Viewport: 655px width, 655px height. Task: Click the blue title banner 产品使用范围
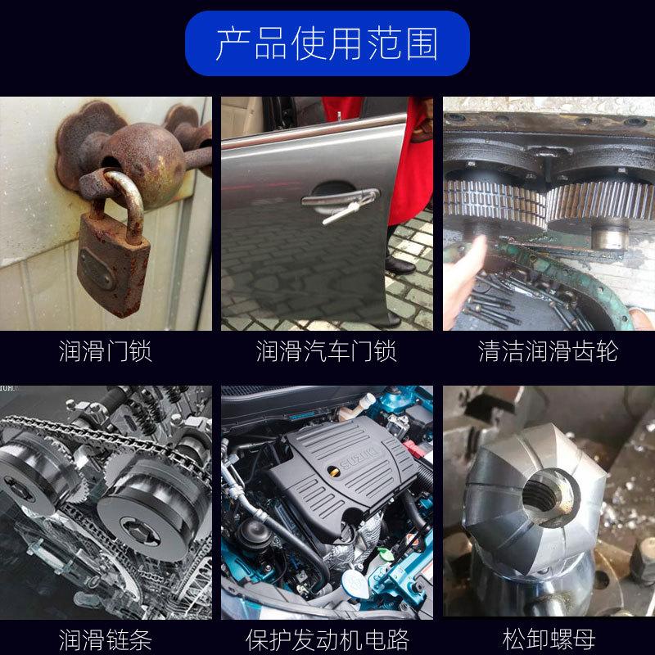[x=327, y=43]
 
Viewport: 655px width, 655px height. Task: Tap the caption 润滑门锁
[x=106, y=351]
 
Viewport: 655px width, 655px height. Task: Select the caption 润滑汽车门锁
[x=326, y=351]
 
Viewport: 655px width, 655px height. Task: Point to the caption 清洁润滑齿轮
[x=548, y=351]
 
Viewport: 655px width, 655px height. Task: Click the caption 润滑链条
[x=106, y=639]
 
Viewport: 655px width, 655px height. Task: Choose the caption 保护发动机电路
[x=327, y=639]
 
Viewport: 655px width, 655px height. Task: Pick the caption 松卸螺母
[x=549, y=639]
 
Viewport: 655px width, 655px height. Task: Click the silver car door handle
[x=341, y=197]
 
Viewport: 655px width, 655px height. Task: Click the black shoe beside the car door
[x=400, y=264]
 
